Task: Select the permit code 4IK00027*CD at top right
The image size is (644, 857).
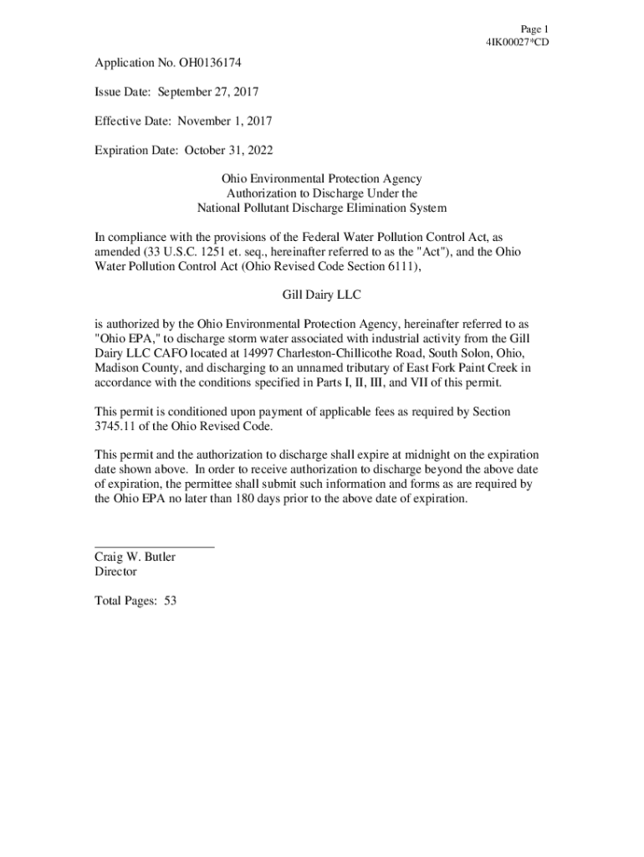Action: click(517, 42)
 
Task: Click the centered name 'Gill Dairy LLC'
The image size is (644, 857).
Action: click(321, 295)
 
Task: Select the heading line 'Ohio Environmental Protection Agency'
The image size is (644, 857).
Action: click(321, 179)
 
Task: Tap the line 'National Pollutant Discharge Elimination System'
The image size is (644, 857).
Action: click(321, 208)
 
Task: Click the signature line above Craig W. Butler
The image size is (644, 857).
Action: click(154, 546)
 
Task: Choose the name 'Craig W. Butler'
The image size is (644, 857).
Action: click(135, 557)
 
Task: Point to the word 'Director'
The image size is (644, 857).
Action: click(115, 572)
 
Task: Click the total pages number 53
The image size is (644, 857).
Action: click(171, 601)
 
